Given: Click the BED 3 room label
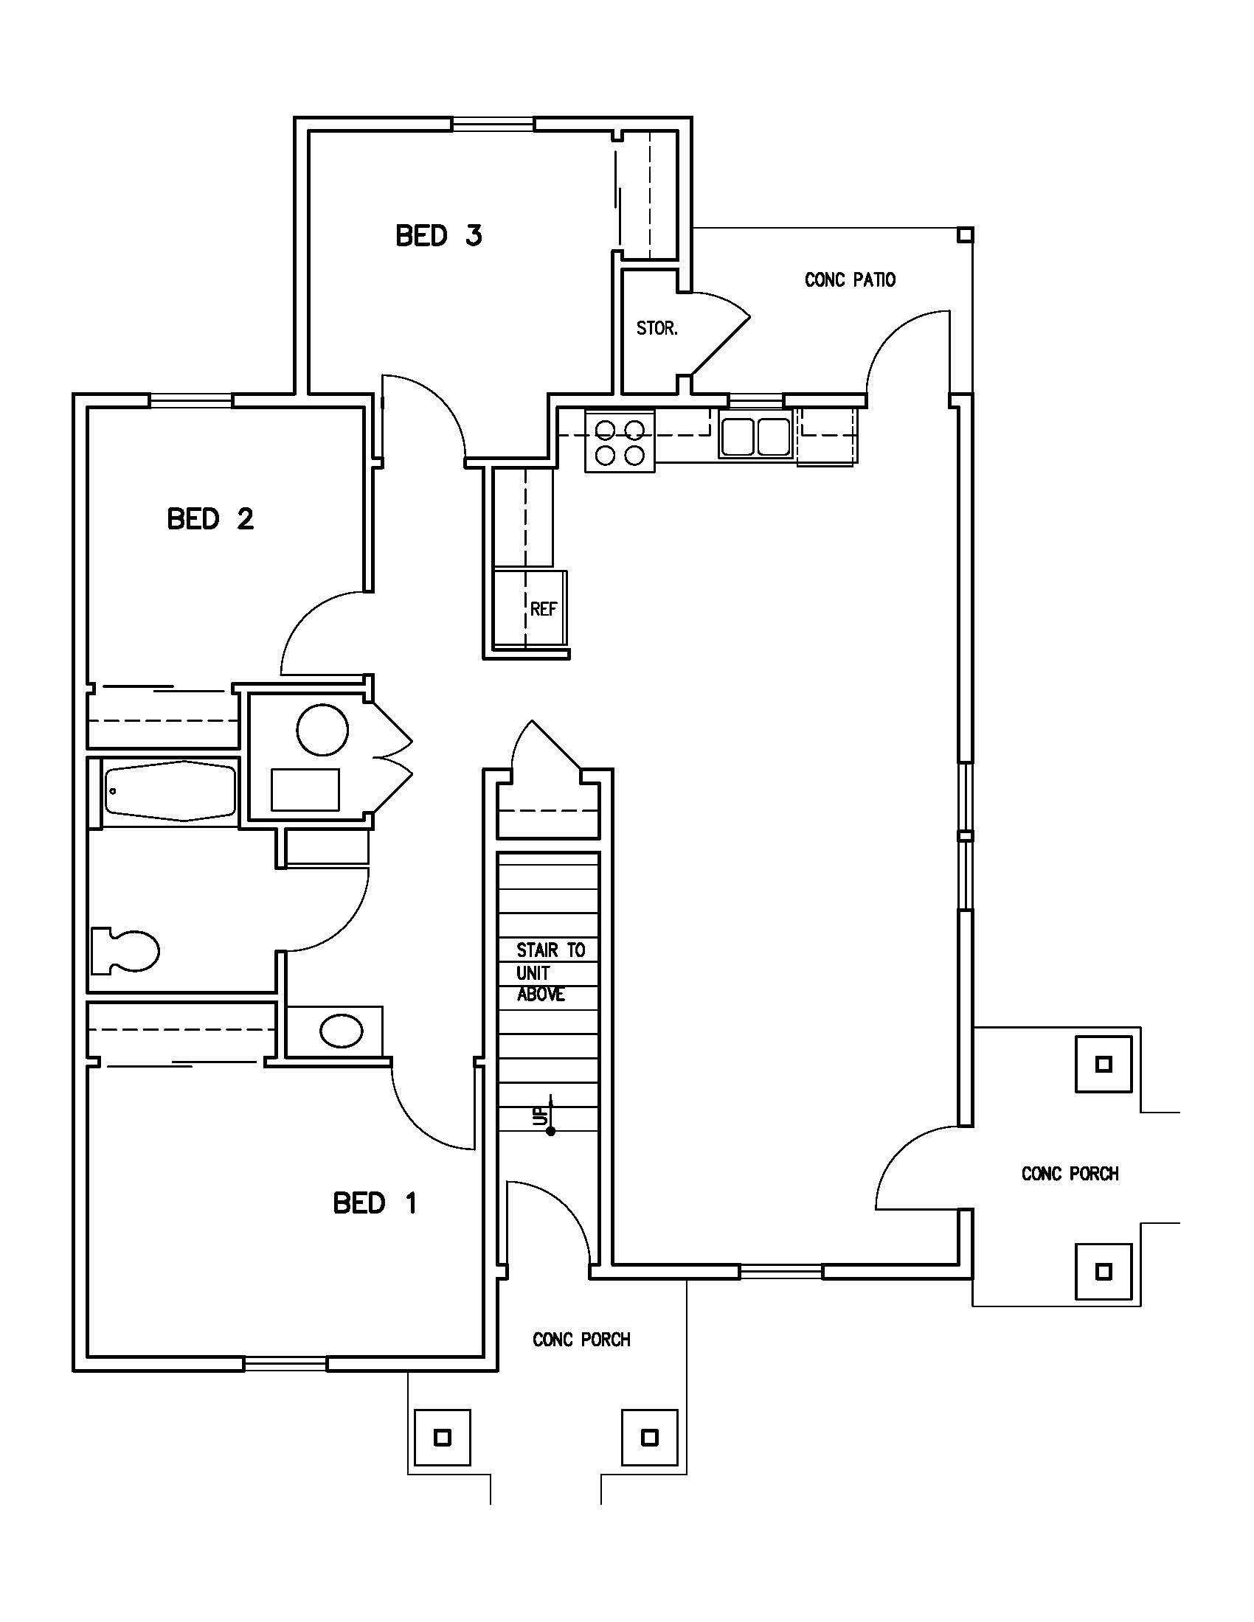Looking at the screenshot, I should [x=438, y=235].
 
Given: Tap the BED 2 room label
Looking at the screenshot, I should [x=210, y=518].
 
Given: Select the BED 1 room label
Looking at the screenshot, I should [x=375, y=1202].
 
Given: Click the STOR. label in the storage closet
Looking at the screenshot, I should [x=657, y=328].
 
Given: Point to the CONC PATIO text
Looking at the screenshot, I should [x=850, y=280].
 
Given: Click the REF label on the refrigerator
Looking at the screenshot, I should [x=543, y=609].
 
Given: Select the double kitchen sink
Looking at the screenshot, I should [x=754, y=436].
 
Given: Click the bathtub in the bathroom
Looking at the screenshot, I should [x=170, y=792].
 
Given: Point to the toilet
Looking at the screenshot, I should [x=125, y=950].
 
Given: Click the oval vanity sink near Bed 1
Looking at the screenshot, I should [x=341, y=1031].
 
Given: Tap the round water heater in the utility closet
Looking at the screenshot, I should [x=322, y=729].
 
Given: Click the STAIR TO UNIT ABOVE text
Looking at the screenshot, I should [x=550, y=972].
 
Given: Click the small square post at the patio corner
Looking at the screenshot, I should [x=963, y=235].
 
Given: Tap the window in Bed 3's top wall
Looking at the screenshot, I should [x=493, y=123].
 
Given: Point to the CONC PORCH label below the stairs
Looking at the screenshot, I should [x=581, y=1339].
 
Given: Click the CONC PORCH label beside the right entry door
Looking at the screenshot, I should [x=1069, y=1174].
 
